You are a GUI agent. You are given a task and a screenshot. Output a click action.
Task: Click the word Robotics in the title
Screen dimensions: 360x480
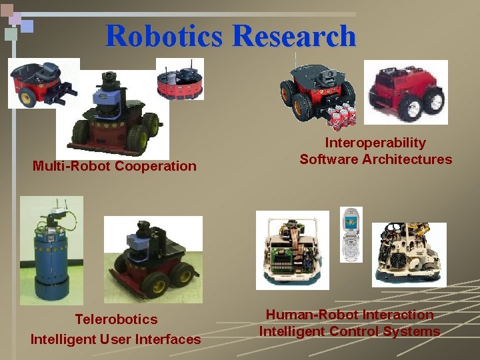click(x=163, y=35)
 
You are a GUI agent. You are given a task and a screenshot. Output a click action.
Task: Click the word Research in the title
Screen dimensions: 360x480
click(x=294, y=35)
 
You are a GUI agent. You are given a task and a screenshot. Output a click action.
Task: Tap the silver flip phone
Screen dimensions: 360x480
click(x=351, y=234)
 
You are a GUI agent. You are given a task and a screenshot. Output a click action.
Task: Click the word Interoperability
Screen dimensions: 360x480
click(x=375, y=143)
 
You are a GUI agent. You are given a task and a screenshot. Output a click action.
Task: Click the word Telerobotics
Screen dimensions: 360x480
click(x=116, y=319)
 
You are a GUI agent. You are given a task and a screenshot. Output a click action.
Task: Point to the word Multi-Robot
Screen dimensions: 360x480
click(x=72, y=166)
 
